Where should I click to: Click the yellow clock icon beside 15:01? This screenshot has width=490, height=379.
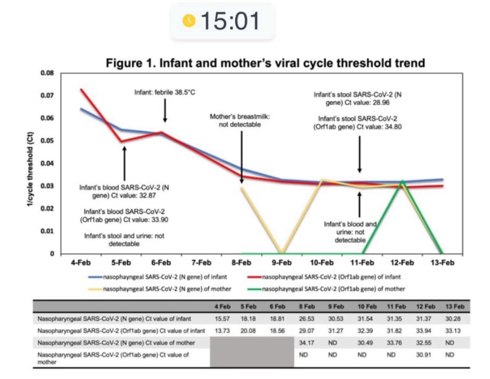pyautogui.click(x=189, y=20)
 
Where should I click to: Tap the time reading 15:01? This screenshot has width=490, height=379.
pyautogui.click(x=230, y=21)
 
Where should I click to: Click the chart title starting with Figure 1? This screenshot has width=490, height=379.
pyautogui.click(x=265, y=63)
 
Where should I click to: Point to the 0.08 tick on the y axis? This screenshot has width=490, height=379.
pyautogui.click(x=47, y=73)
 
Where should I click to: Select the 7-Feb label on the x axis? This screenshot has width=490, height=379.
pyautogui.click(x=201, y=262)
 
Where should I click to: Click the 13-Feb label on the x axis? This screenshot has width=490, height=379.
pyautogui.click(x=442, y=262)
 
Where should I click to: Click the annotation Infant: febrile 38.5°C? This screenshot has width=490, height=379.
pyautogui.click(x=165, y=92)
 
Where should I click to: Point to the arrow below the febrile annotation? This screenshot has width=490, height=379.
pyautogui.click(x=165, y=110)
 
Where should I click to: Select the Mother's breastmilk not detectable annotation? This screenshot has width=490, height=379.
pyautogui.click(x=240, y=120)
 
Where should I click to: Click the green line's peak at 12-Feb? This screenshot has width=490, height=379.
pyautogui.click(x=402, y=181)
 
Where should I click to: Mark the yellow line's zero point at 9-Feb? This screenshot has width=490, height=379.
pyautogui.click(x=282, y=252)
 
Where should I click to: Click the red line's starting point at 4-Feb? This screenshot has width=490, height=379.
pyautogui.click(x=82, y=90)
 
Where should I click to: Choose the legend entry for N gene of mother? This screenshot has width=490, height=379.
pyautogui.click(x=160, y=289)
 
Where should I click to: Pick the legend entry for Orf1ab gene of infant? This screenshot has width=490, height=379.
pyautogui.click(x=324, y=277)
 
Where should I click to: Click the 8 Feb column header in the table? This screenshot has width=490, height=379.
pyautogui.click(x=307, y=307)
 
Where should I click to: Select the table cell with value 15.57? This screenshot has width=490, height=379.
pyautogui.click(x=222, y=319)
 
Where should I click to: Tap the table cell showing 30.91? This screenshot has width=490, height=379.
pyautogui.click(x=423, y=355)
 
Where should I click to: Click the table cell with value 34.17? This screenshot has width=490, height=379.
pyautogui.click(x=306, y=343)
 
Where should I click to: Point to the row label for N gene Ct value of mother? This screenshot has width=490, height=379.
pyautogui.click(x=116, y=343)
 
